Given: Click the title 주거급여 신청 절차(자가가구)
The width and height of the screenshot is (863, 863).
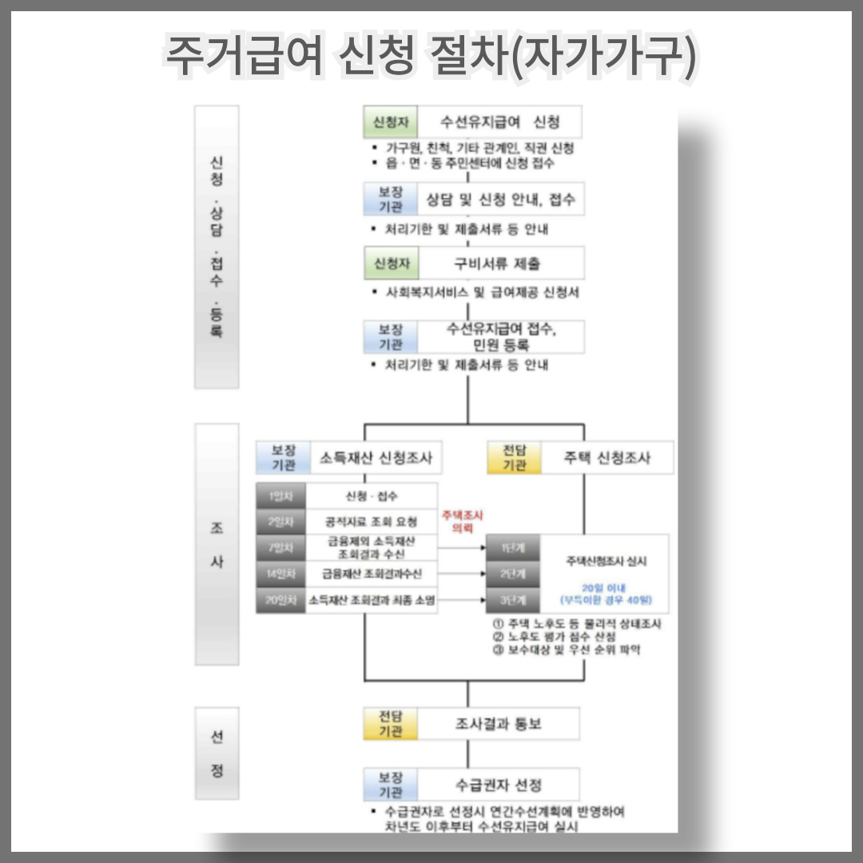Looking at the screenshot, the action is coord(431,56).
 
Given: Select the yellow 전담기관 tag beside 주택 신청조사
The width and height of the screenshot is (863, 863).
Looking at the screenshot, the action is coord(514,458).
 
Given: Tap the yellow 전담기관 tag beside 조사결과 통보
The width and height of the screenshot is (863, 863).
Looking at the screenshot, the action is coord(391,724).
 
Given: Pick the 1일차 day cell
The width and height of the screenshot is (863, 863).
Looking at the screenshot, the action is coord(281,496).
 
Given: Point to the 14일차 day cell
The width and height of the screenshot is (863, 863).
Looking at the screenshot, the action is coord(281,574).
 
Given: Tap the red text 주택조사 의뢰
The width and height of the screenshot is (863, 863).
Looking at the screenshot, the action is coord(457,522).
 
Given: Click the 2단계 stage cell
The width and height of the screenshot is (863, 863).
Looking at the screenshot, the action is coord(512,574).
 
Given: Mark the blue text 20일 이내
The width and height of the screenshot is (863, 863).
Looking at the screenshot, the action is coord(605,587).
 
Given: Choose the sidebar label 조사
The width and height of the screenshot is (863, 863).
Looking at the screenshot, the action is coord(217,543).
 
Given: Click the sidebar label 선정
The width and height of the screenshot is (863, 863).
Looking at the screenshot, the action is coord(217,754).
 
